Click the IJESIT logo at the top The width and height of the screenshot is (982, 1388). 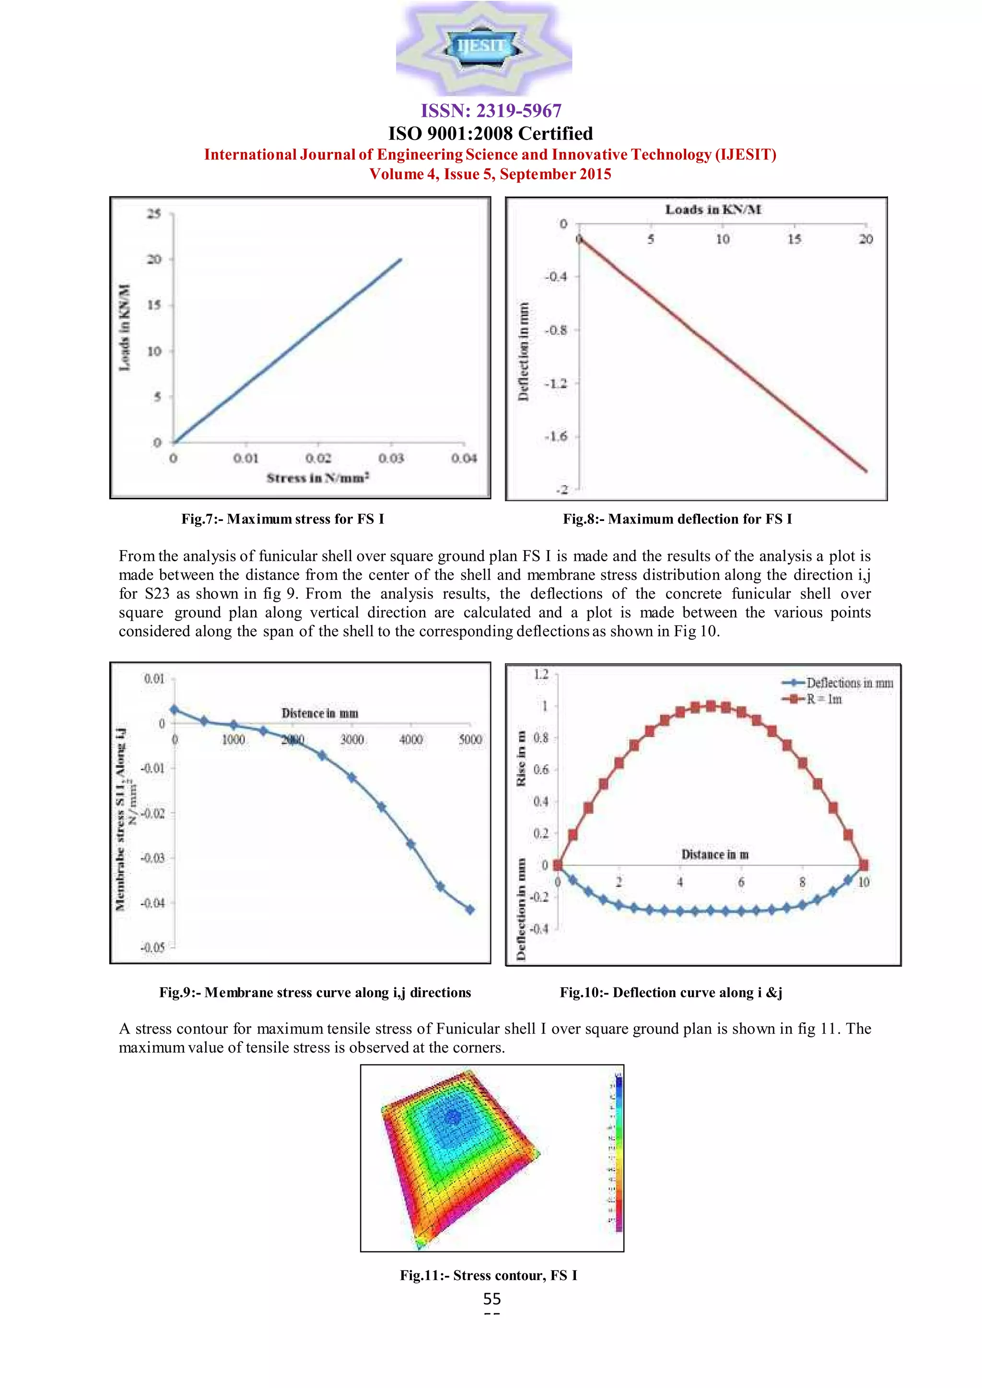483,47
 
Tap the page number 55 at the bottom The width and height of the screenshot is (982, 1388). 491,1298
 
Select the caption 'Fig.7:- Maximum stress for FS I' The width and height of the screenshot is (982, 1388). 282,519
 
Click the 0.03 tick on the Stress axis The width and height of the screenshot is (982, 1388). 391,458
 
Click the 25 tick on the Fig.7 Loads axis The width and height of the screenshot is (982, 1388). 154,213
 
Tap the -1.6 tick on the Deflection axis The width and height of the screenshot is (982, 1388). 556,437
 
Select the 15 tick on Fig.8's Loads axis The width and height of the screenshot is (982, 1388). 794,239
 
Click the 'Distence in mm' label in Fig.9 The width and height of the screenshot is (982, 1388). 320,713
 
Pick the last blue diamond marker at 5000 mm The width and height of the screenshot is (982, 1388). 470,909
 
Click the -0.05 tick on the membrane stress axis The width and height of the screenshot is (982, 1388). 152,947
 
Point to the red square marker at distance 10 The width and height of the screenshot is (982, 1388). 864,865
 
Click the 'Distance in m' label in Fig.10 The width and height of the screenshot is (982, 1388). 715,854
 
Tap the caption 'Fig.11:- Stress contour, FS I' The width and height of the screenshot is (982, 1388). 489,1275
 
